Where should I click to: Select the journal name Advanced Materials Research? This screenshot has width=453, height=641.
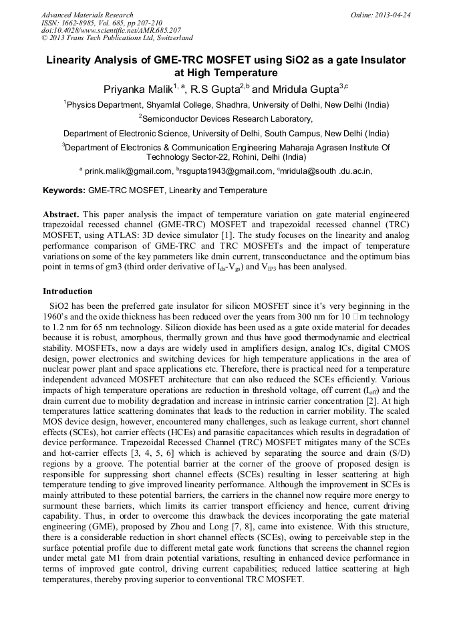pyautogui.click(x=88, y=15)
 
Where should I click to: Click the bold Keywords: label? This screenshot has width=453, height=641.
pyautogui.click(x=64, y=190)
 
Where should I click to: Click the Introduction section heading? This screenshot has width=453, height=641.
pyautogui.click(x=67, y=291)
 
